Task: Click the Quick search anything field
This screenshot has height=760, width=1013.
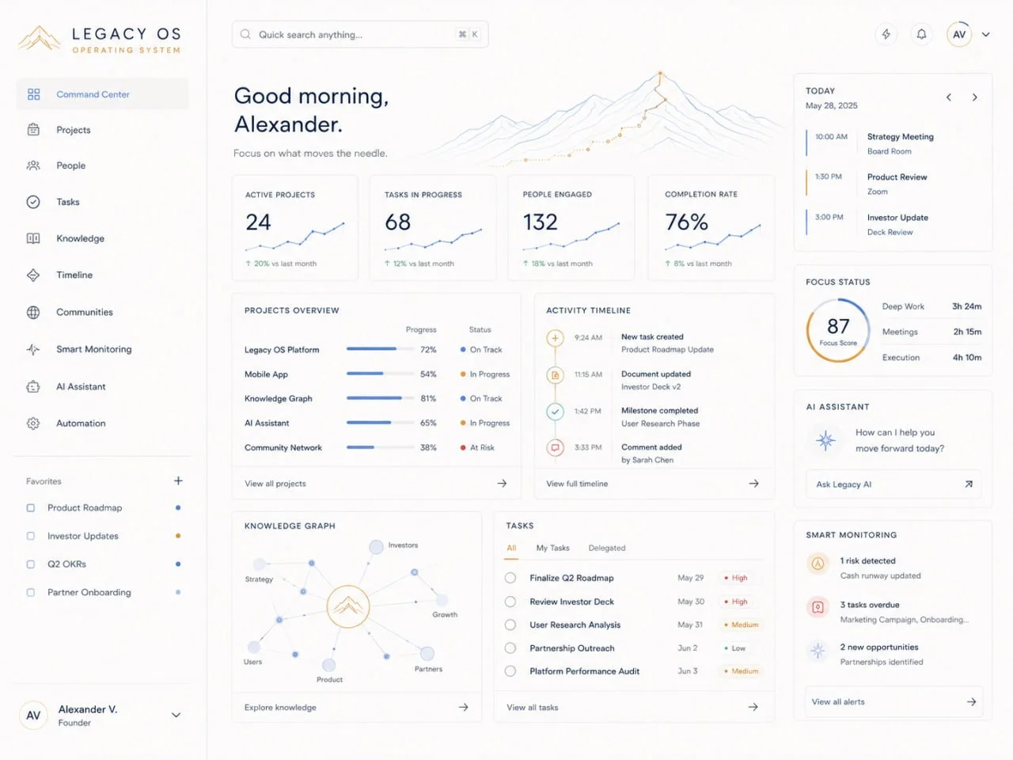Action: (360, 35)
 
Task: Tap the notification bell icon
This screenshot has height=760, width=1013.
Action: (921, 34)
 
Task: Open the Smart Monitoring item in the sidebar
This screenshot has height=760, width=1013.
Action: (93, 349)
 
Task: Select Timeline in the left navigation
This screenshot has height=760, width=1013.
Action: (74, 275)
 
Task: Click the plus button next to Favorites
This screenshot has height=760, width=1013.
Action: (178, 481)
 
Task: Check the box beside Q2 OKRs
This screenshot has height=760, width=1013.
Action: (30, 564)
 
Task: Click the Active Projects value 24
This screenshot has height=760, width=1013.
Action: (258, 222)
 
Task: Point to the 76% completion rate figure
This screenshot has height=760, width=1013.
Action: (686, 222)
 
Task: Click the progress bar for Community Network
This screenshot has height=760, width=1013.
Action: (381, 447)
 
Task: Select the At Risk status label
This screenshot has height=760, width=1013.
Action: (482, 447)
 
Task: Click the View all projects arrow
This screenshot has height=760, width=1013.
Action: (502, 483)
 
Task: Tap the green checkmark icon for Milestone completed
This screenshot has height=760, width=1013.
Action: (556, 411)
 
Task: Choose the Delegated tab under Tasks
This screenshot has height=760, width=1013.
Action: (607, 548)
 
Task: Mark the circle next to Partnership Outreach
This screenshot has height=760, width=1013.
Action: (510, 648)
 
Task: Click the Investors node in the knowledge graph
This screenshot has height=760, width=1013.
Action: (376, 547)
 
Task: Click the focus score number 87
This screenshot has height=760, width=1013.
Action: (838, 326)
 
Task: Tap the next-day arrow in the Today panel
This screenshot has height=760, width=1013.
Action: (975, 97)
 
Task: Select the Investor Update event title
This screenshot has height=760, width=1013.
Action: (897, 218)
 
